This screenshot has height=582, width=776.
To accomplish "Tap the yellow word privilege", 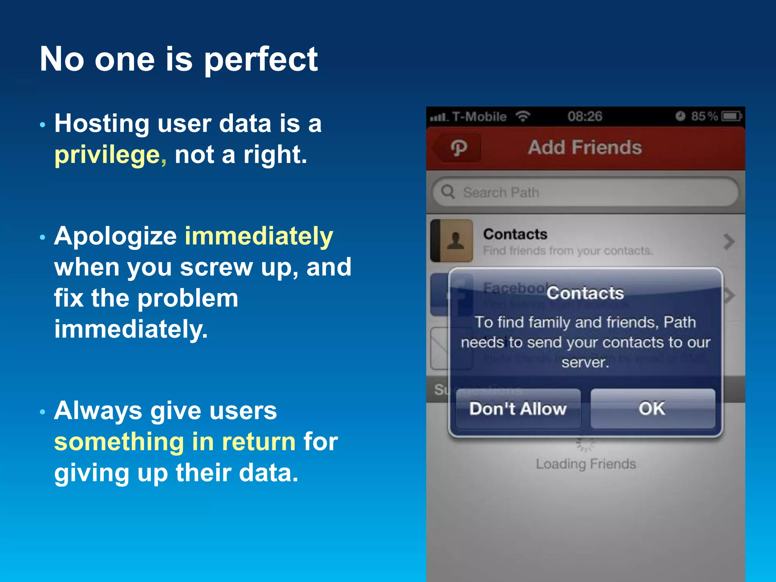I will coord(107,155).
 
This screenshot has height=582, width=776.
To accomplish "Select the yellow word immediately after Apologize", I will coord(259,236).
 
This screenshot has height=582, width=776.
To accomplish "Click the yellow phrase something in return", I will coord(175,442).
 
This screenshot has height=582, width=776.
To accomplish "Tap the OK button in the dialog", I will coord(652,408).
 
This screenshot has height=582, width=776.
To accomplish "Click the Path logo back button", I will coord(458,148).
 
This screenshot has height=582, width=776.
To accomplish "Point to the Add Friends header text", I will coord(585,147).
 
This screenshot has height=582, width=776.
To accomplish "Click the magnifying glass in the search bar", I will coord(448,192).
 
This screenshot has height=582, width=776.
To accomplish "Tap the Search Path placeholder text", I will coord(501,192).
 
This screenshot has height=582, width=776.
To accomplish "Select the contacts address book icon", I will coord(452,241).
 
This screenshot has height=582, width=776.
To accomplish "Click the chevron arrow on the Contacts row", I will coord(728,242).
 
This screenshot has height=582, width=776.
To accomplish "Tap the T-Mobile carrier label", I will coord(479,117).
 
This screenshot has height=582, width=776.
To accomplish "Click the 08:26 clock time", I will coord(584,116).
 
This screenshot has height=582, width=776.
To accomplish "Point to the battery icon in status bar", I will coord(731,116).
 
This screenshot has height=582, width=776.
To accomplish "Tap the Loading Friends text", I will coord(585,464).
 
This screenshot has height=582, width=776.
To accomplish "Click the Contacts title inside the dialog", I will coord(585,293).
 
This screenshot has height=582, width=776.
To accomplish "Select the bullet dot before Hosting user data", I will coord(42,125).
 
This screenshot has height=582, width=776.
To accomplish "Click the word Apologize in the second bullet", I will coord(115,236).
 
